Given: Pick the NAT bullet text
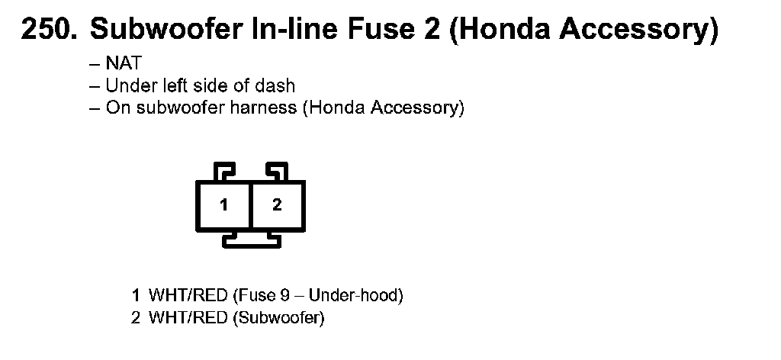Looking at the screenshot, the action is pos(123,64).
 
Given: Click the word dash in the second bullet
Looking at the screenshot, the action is pos(278,85).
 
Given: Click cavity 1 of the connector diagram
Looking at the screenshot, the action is pos(223,205).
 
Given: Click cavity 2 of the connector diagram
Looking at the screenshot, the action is pos(277,205).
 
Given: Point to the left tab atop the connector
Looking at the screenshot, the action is pos(225,171).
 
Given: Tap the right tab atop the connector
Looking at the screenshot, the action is pos(275,171).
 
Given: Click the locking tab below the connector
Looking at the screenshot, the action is pos(251,240).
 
